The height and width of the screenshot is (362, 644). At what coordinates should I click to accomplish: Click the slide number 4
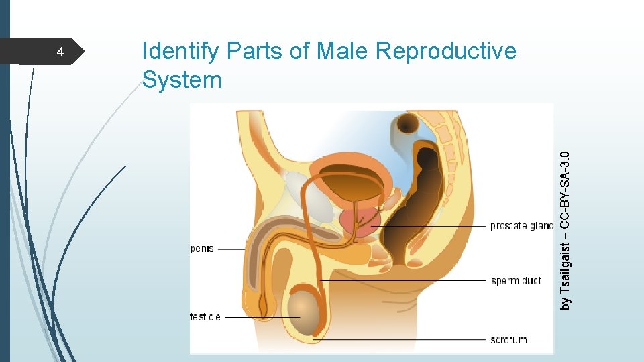click(x=60, y=52)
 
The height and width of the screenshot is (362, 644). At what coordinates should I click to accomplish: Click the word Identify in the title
click(x=181, y=52)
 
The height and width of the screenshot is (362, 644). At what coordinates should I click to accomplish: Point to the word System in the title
click(x=182, y=80)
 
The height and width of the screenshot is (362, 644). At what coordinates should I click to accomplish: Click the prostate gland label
click(x=521, y=226)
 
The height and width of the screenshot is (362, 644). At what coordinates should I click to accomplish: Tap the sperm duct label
click(x=515, y=280)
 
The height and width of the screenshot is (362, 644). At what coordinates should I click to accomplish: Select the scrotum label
click(x=508, y=340)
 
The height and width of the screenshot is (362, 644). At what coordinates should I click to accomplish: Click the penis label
click(x=202, y=249)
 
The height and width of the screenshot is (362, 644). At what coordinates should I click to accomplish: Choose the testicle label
click(x=205, y=316)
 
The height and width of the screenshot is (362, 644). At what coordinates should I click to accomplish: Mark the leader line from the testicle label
click(x=262, y=316)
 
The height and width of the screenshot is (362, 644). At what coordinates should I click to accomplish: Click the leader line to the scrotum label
click(x=402, y=340)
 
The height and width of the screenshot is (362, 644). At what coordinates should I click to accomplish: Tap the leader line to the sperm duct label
click(x=402, y=280)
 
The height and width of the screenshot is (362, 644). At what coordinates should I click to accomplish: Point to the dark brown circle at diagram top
click(x=407, y=123)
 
